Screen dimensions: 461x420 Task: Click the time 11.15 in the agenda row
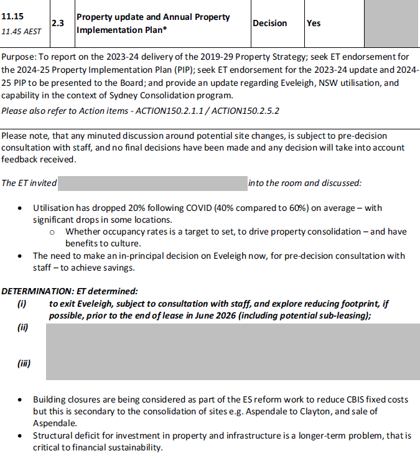click(12, 16)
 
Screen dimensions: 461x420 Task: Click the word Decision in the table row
click(269, 23)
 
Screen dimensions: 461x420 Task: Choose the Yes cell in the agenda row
click(314, 23)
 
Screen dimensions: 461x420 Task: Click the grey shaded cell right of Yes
click(391, 23)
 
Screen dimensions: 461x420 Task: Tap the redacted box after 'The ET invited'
click(152, 183)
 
